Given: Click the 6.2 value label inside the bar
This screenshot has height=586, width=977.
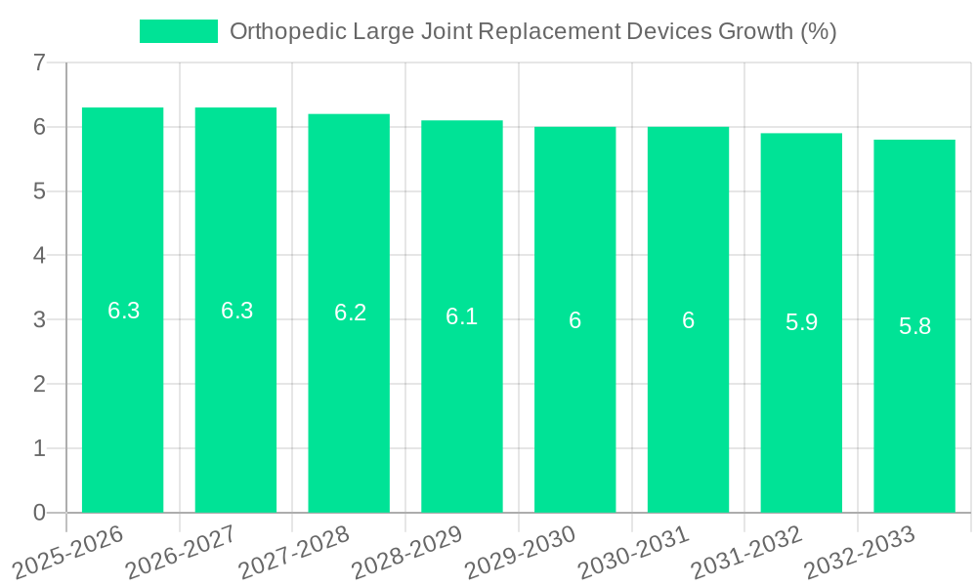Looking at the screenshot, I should click(x=350, y=313).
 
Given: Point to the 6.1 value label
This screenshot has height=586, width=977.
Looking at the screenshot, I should click(x=461, y=316).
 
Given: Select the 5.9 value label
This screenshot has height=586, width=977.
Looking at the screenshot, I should click(x=801, y=322).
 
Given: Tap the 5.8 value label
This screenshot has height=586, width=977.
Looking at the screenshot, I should click(x=914, y=326).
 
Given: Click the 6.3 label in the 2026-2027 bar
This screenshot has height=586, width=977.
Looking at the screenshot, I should click(x=236, y=311).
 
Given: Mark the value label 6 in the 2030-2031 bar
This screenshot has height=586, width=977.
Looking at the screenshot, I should click(x=688, y=320).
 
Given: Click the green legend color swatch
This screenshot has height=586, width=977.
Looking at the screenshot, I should click(x=179, y=31).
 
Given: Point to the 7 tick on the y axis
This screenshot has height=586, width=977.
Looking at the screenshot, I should click(x=39, y=63).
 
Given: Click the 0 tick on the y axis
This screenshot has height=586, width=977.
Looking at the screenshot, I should click(x=39, y=513).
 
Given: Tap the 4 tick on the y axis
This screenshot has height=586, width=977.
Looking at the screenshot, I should click(x=39, y=256).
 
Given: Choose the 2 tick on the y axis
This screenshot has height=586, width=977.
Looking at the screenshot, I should click(x=39, y=384).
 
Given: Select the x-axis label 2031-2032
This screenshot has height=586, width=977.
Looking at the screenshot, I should click(x=746, y=553).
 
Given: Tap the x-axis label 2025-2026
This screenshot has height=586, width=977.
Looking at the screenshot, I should click(x=67, y=553).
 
